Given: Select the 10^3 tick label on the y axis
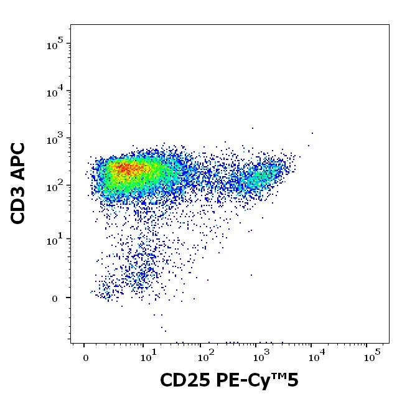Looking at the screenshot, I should pyautogui.click(x=55, y=140).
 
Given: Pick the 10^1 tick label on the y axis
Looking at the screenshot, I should pyautogui.click(x=55, y=241).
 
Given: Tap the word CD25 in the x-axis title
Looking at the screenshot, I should pyautogui.click(x=181, y=380).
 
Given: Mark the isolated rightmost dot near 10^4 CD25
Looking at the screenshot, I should pyautogui.click(x=312, y=133).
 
